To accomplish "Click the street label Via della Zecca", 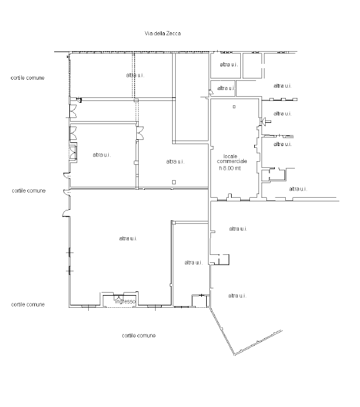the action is click(x=162, y=33).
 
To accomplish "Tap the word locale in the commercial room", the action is click(x=230, y=156).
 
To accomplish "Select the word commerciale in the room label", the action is click(x=232, y=161).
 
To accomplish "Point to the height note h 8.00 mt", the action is click(x=230, y=168).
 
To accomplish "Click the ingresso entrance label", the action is click(x=125, y=301).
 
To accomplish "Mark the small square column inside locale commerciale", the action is click(x=234, y=106).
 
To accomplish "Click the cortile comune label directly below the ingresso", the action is click(x=139, y=335).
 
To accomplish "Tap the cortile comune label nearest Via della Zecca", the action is click(x=27, y=78).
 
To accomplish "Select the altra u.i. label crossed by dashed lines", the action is click(x=135, y=75).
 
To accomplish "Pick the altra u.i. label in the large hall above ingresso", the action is click(x=128, y=238).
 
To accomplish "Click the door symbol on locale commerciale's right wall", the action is click(x=265, y=121).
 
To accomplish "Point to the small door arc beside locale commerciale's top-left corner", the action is click(x=212, y=92).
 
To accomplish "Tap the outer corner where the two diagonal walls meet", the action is click(x=234, y=355).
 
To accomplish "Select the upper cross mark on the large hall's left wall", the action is click(x=69, y=252).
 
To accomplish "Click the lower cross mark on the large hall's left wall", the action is click(x=69, y=271).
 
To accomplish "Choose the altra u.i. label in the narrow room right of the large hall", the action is click(x=193, y=263).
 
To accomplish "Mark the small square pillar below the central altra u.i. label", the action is click(x=174, y=183).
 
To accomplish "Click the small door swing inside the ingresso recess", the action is click(x=117, y=298).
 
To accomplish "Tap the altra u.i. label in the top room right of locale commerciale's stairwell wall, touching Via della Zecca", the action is click(x=229, y=64).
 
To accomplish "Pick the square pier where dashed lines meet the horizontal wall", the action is click(x=136, y=100).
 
